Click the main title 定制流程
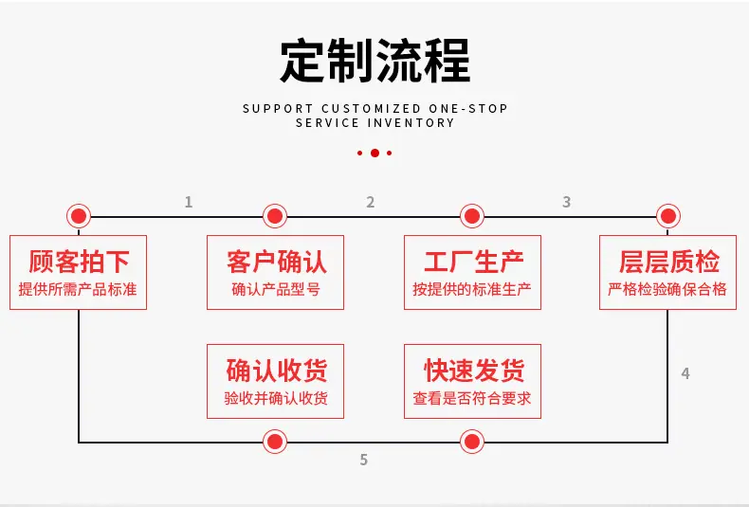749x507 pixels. pos(375,61)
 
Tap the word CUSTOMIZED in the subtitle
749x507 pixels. pos(371,109)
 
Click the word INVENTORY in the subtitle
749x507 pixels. pos(411,123)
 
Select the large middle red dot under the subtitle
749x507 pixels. pos(375,153)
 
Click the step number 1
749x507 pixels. pos(189,202)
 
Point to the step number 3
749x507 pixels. pos(567,202)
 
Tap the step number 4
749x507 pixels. pos(685,373)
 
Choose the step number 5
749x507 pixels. pos(364,460)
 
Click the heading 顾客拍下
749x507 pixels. pos(79,262)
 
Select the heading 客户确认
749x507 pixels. pos(276,262)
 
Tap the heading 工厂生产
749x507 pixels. pos(473,262)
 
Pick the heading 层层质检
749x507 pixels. pos(668,262)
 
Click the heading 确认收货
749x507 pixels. pos(276,371)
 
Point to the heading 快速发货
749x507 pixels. pos(473,371)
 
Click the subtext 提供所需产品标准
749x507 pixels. pos(78,289)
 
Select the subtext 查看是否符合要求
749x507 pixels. pos(472,398)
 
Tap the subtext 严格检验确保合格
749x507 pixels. pos(667,289)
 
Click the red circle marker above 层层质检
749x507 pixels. pos(668,216)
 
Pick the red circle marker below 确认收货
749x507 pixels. pos(275,442)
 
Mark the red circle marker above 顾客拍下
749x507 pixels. pos(79,216)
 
